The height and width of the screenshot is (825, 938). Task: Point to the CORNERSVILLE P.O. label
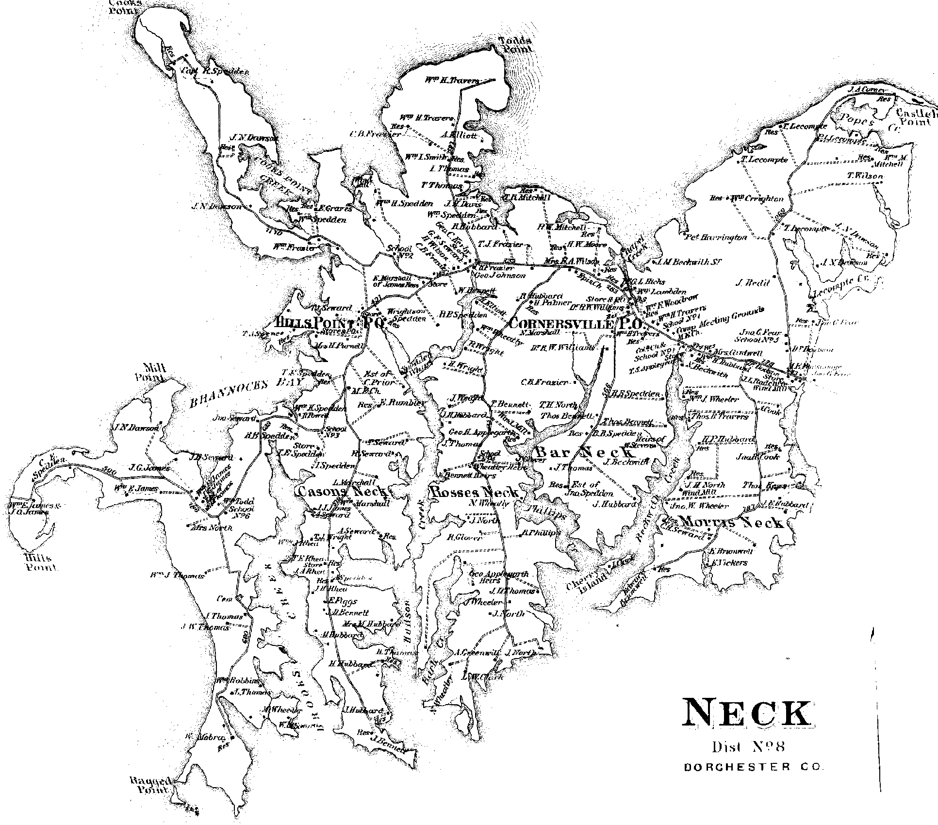(576, 324)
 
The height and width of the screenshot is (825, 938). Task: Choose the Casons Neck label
(342, 491)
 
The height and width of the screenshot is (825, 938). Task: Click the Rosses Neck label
(474, 492)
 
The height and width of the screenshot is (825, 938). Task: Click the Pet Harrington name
(716, 237)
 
